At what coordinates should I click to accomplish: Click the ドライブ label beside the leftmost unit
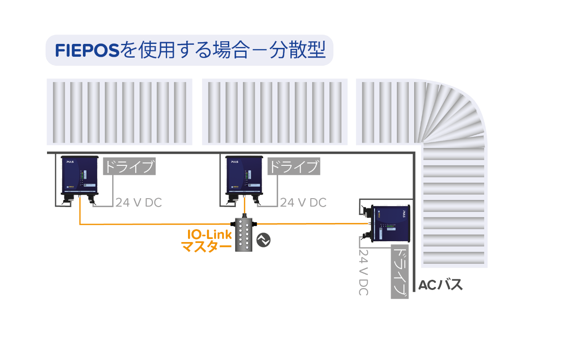pyautogui.click(x=129, y=167)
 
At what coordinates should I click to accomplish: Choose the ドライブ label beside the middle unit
pyautogui.click(x=294, y=167)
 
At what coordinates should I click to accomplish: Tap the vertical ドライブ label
pyautogui.click(x=400, y=271)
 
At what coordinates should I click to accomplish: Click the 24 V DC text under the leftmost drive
pyautogui.click(x=139, y=203)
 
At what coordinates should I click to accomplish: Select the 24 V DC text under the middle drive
pyautogui.click(x=303, y=203)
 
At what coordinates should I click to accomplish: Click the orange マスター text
pyautogui.click(x=206, y=246)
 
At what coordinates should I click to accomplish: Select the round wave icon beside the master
pyautogui.click(x=263, y=240)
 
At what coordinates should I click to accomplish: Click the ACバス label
pyautogui.click(x=440, y=285)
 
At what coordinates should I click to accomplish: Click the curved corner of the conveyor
pyautogui.click(x=452, y=115)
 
